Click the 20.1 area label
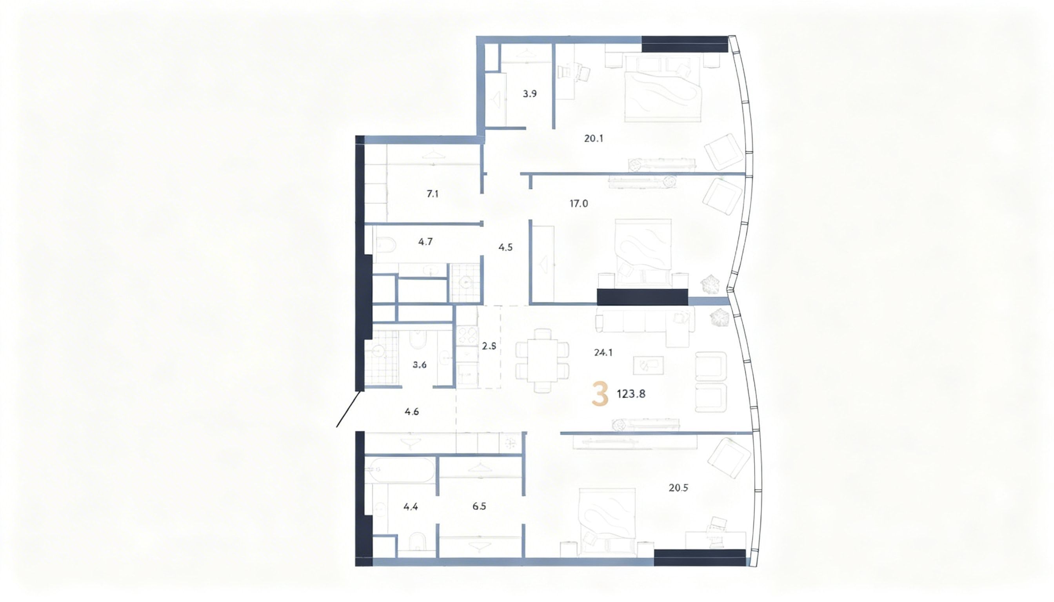(x=593, y=138)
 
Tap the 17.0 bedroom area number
(x=578, y=203)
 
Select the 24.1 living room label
(x=603, y=353)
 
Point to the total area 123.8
(x=631, y=394)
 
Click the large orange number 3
(x=600, y=394)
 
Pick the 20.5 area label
(x=678, y=488)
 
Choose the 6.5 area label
(x=479, y=506)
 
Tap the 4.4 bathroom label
(x=411, y=506)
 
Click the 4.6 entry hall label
(x=412, y=412)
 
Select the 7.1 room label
(x=432, y=194)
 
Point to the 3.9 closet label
(x=529, y=94)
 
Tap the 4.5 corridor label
(x=505, y=248)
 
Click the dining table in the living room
(x=542, y=360)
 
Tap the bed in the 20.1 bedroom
(x=662, y=89)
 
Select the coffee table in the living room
(x=648, y=366)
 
